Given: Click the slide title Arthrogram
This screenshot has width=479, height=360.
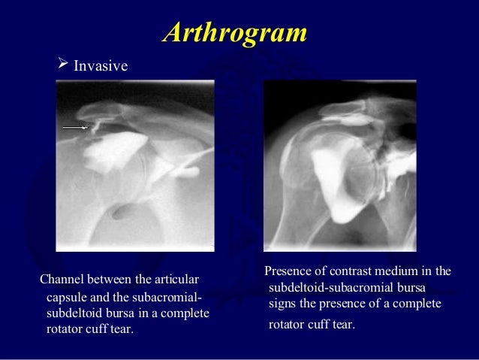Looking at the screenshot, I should point(235,32).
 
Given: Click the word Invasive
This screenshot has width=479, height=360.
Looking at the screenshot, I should point(101,66).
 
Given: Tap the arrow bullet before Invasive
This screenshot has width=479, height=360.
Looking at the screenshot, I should point(63,65).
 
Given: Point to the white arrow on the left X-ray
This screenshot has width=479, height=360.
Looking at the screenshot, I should point(75,128).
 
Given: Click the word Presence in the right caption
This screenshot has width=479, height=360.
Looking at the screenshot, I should point(288,271).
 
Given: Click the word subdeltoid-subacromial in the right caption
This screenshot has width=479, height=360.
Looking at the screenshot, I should point(325,287).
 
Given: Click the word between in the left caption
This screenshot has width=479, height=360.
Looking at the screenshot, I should point(113,281).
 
